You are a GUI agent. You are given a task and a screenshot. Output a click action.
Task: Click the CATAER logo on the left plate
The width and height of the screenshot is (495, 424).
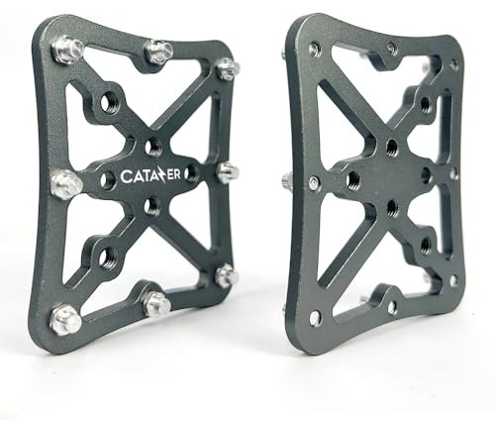[x=149, y=175]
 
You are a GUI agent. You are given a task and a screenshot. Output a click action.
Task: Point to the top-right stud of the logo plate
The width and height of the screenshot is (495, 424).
[x=227, y=68]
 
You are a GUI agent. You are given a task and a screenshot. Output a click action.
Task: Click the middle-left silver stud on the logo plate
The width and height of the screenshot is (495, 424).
[x=64, y=182]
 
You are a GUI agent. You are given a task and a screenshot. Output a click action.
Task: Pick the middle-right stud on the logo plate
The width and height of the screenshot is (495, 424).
[x=227, y=171]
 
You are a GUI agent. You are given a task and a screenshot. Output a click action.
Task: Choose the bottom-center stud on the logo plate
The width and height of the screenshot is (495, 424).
[x=156, y=303]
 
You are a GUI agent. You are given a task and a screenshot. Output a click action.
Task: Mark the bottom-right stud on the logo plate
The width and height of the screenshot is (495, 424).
[x=226, y=274]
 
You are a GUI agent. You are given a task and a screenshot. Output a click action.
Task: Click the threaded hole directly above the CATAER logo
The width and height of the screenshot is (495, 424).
[x=151, y=148]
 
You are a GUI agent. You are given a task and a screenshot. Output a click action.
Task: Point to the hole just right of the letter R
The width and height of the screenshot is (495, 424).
[x=190, y=173]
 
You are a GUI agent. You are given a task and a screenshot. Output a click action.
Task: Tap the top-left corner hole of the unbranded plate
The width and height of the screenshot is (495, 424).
[x=314, y=49]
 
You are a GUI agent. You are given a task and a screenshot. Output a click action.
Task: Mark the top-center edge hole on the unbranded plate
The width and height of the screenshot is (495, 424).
[x=392, y=48]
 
